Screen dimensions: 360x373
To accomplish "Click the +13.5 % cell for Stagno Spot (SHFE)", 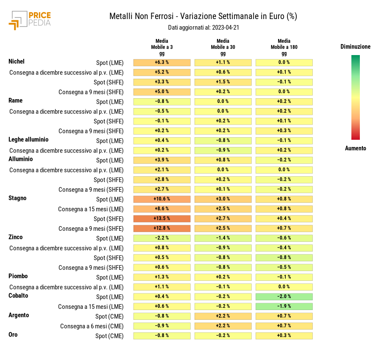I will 162,219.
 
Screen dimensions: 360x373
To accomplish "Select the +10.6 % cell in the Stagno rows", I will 162,199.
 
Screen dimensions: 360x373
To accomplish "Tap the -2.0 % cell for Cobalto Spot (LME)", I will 284,296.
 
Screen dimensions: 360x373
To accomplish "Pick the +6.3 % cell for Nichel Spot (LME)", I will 162,63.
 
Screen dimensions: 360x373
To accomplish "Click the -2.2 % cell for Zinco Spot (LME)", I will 162,238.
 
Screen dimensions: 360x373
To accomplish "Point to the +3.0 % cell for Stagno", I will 223,199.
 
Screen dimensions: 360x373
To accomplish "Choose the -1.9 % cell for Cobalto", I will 284,306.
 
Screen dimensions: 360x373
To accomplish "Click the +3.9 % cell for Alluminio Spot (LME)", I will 162,160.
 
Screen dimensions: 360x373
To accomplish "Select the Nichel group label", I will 17,62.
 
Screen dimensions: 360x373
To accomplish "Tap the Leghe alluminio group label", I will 28,139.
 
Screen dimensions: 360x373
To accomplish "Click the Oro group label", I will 13,335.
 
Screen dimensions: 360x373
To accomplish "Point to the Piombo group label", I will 18,276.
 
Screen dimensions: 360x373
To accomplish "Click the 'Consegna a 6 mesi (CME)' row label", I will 92,326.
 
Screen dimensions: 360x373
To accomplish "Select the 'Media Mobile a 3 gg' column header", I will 162,47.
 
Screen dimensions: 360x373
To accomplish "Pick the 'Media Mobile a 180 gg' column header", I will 284,47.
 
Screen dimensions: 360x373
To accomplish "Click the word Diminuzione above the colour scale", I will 355,47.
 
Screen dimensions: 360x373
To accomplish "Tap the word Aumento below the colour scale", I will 355,148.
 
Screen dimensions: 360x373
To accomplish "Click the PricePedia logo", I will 30,19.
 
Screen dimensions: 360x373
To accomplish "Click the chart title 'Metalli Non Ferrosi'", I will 141,17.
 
